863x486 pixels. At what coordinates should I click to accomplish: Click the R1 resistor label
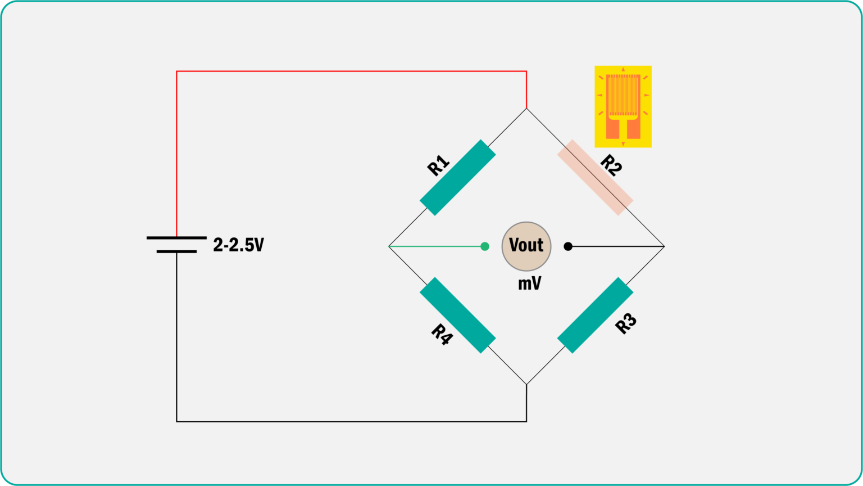439,165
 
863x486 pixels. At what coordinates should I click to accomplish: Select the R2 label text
611,165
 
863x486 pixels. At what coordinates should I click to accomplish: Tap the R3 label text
626,323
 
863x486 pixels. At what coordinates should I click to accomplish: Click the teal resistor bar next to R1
458,177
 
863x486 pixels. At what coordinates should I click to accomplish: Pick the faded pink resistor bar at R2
595,177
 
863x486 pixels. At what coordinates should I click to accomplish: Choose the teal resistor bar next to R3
595,315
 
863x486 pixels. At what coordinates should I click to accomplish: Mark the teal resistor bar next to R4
458,315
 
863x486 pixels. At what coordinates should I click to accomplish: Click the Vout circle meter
526,246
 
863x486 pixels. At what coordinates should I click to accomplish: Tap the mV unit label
529,283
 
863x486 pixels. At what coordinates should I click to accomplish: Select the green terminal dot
485,246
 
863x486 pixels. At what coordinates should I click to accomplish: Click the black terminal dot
568,246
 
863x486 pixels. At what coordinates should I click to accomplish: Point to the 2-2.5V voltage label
238,245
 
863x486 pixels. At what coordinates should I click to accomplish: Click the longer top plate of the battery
176,238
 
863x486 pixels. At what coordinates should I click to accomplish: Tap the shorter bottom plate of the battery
176,251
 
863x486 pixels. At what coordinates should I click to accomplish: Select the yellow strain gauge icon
623,106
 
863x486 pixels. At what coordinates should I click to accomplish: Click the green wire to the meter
435,246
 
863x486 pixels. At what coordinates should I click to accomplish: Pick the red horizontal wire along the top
351,71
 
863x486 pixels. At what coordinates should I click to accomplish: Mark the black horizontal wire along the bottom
351,421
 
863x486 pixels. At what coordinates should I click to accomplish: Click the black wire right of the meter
618,246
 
